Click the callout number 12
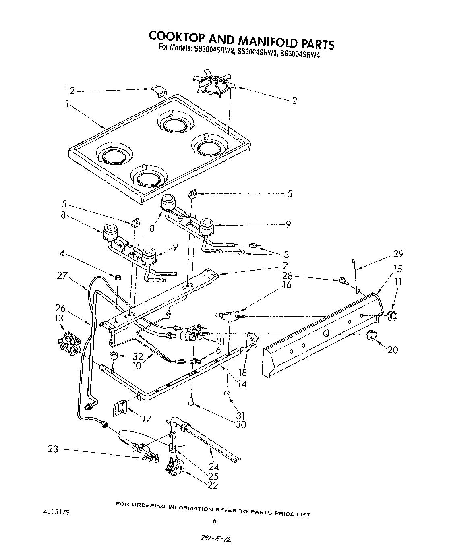(70, 91)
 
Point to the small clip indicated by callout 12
(160, 92)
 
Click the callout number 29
(398, 254)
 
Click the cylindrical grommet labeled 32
(113, 356)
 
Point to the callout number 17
(147, 420)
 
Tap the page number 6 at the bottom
(214, 521)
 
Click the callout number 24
(214, 467)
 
